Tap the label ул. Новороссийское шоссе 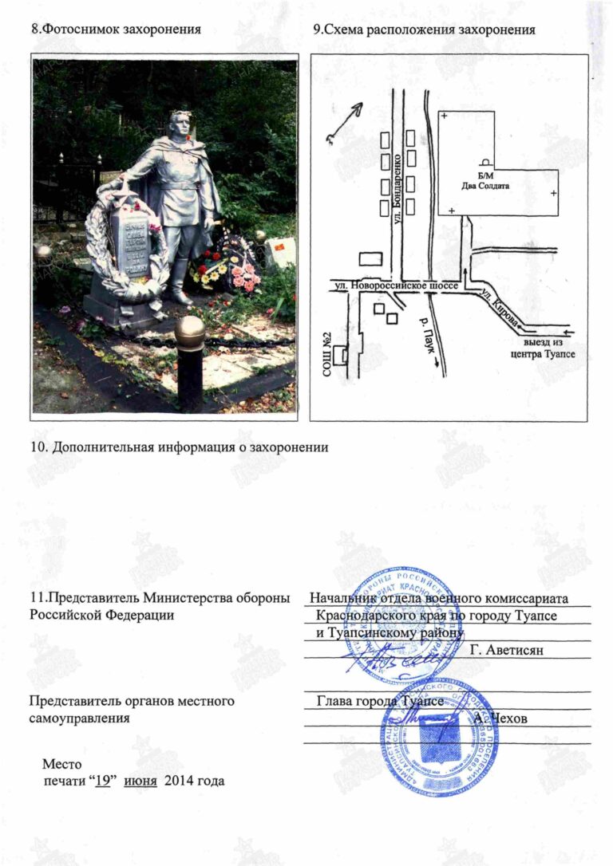click(389, 283)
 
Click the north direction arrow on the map click(344, 122)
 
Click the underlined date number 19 click(101, 781)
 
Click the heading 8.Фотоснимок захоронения click(114, 30)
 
